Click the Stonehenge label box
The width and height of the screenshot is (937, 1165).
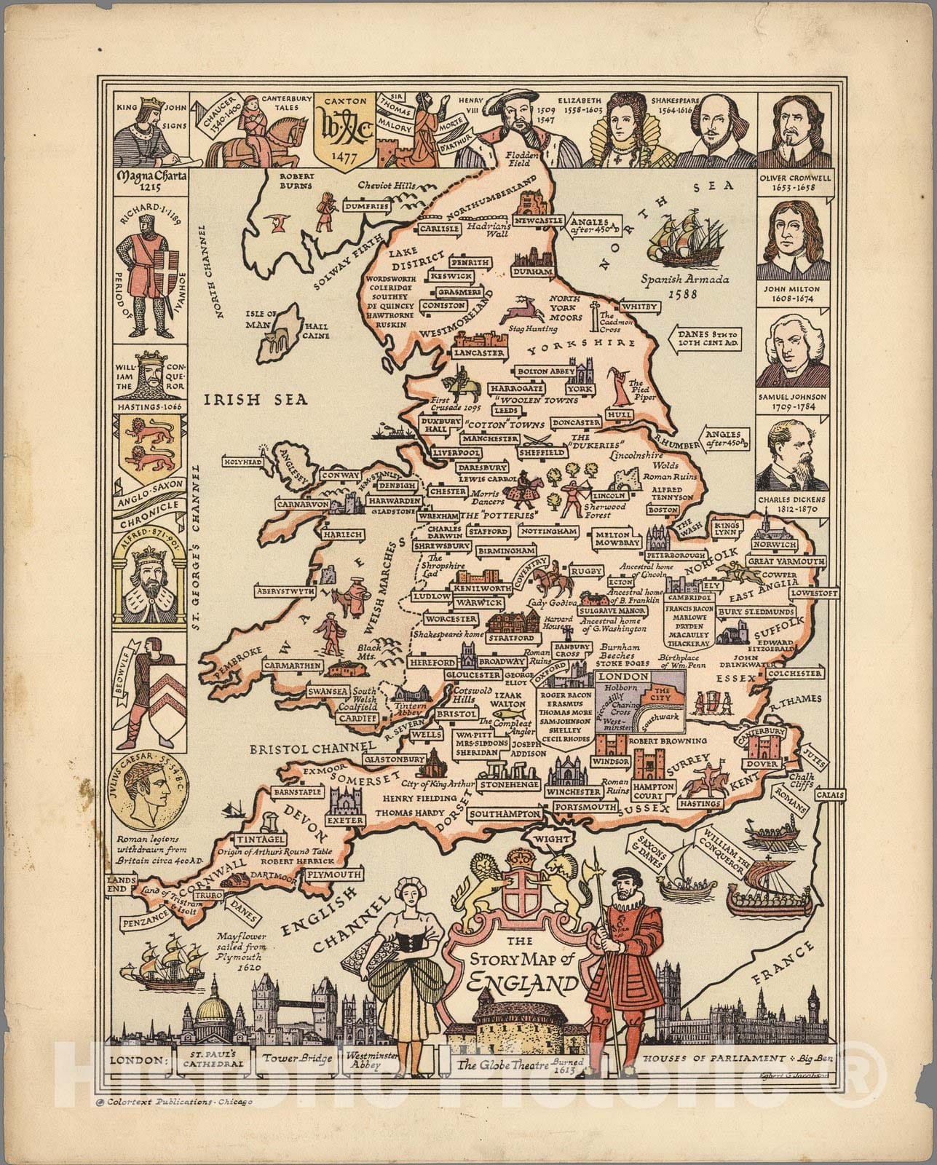tap(509, 785)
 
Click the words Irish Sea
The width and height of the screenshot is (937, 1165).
tap(256, 399)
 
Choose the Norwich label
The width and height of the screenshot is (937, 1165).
tap(775, 545)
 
